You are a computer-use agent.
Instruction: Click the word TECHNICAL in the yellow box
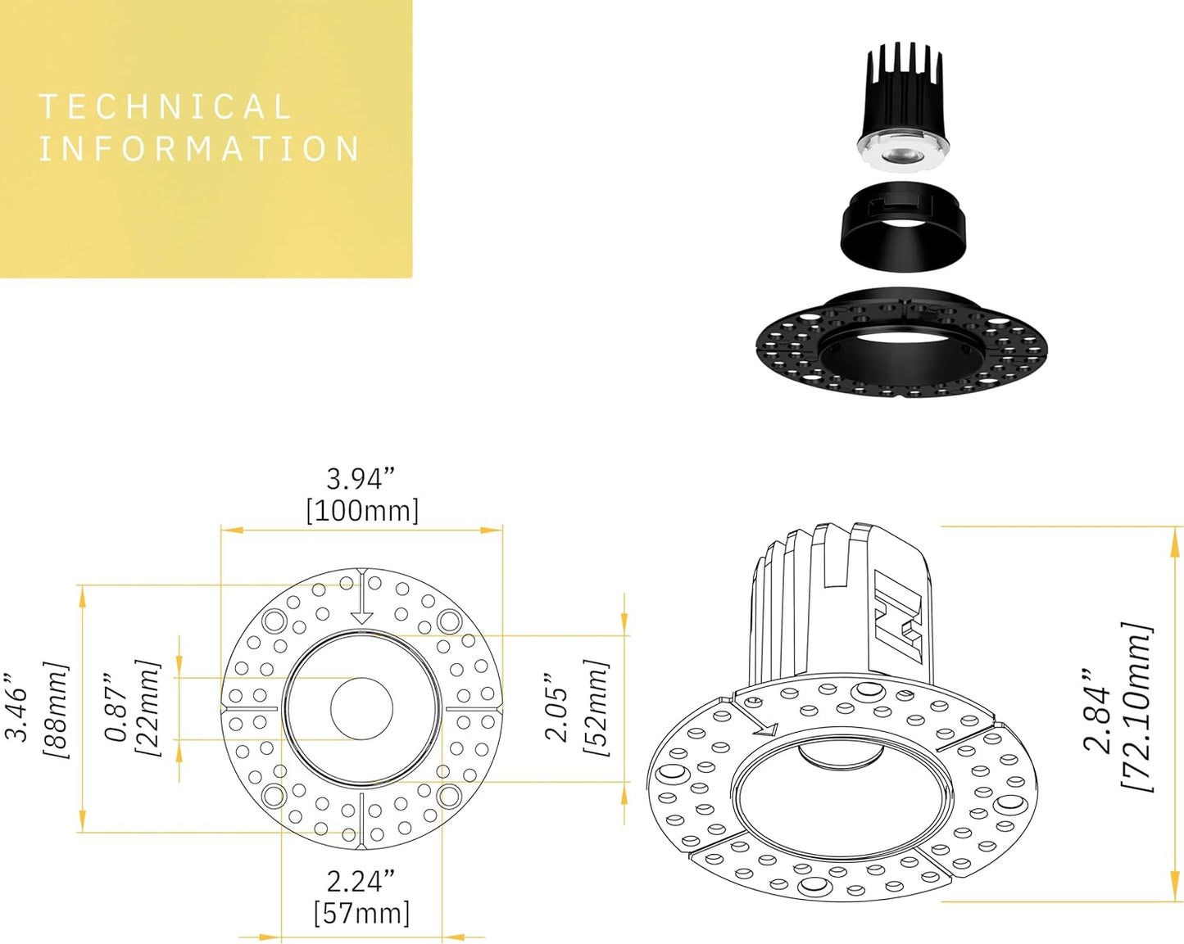[165, 107]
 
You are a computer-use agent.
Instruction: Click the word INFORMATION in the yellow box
[199, 149]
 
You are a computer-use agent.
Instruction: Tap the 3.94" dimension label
[361, 478]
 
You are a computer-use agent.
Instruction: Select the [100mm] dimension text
[362, 511]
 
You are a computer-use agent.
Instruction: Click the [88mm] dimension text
[56, 710]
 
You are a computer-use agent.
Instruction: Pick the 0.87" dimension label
[119, 708]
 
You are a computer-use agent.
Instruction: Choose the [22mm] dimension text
[148, 708]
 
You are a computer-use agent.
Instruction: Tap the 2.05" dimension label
[557, 708]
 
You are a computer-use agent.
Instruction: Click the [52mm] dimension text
[596, 708]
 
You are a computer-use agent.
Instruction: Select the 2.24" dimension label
[361, 882]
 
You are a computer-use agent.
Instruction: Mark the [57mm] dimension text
[361, 913]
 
